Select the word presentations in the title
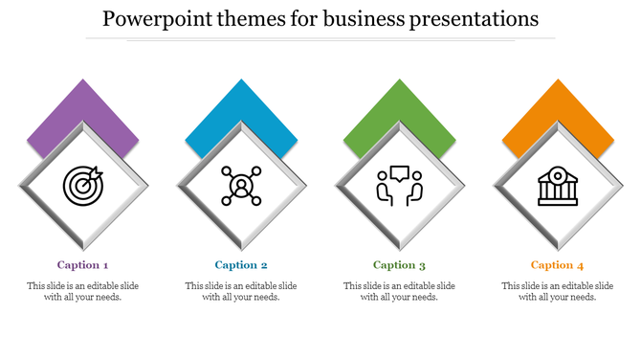click(x=476, y=19)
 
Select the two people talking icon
click(x=399, y=186)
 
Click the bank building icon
click(x=557, y=186)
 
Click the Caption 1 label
click(x=83, y=265)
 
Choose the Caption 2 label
click(x=241, y=265)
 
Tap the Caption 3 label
click(x=399, y=265)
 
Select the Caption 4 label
click(x=557, y=265)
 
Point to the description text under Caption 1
click(x=83, y=291)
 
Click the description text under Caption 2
click(x=241, y=291)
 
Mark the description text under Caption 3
click(x=399, y=291)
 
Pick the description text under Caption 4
click(x=558, y=291)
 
